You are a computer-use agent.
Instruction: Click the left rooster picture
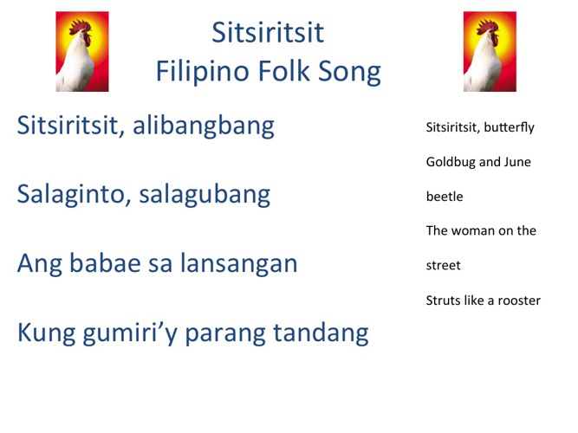pos(82,52)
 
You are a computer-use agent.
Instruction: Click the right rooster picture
pos(490,52)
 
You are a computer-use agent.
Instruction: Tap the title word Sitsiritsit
pos(268,33)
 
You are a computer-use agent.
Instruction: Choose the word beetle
pos(445,197)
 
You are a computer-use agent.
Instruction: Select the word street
pos(443,266)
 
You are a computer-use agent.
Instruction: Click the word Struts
pos(443,301)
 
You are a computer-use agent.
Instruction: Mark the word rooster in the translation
pos(516,301)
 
